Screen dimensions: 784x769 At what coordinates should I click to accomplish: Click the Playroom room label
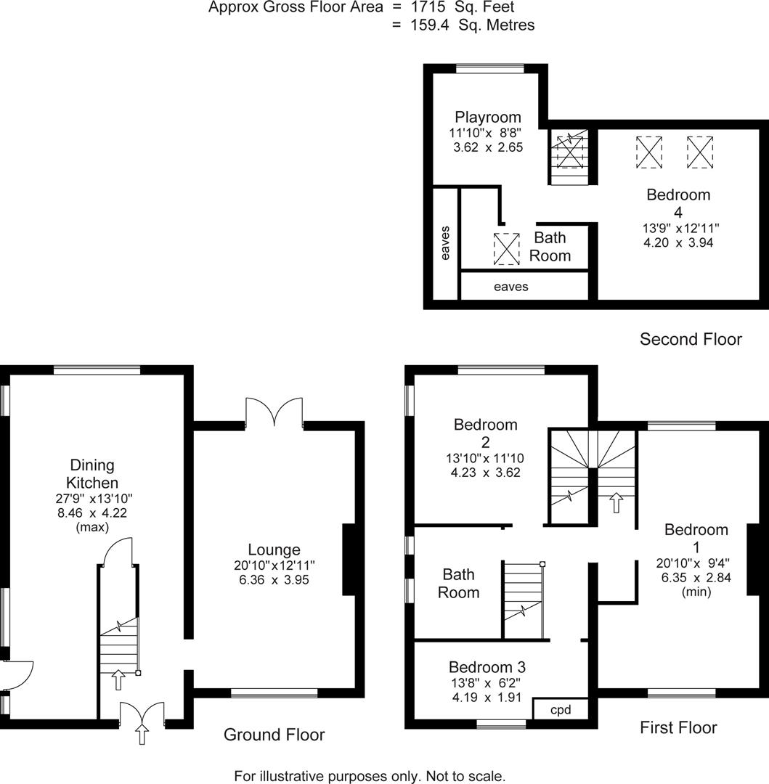tap(487, 117)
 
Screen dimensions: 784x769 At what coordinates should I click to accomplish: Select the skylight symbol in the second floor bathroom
tap(506, 248)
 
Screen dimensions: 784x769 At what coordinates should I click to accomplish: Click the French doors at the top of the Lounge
tap(274, 412)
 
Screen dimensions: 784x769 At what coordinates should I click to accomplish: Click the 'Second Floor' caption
tap(690, 339)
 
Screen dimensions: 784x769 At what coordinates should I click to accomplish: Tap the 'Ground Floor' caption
tap(274, 735)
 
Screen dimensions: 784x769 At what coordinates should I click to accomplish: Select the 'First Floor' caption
tap(678, 727)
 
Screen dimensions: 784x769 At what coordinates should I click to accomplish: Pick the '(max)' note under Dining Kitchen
tap(91, 528)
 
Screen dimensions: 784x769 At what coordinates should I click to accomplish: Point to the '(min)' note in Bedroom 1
tap(696, 592)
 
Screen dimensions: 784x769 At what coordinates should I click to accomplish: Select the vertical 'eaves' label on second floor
tap(445, 242)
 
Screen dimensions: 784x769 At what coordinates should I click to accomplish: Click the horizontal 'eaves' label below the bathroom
tap(511, 287)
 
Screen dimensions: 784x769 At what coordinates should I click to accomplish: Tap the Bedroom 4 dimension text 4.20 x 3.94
tap(678, 243)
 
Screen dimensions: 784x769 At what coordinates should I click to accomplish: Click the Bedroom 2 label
tap(485, 433)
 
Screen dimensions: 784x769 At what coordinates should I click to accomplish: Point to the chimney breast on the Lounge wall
tap(349, 560)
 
